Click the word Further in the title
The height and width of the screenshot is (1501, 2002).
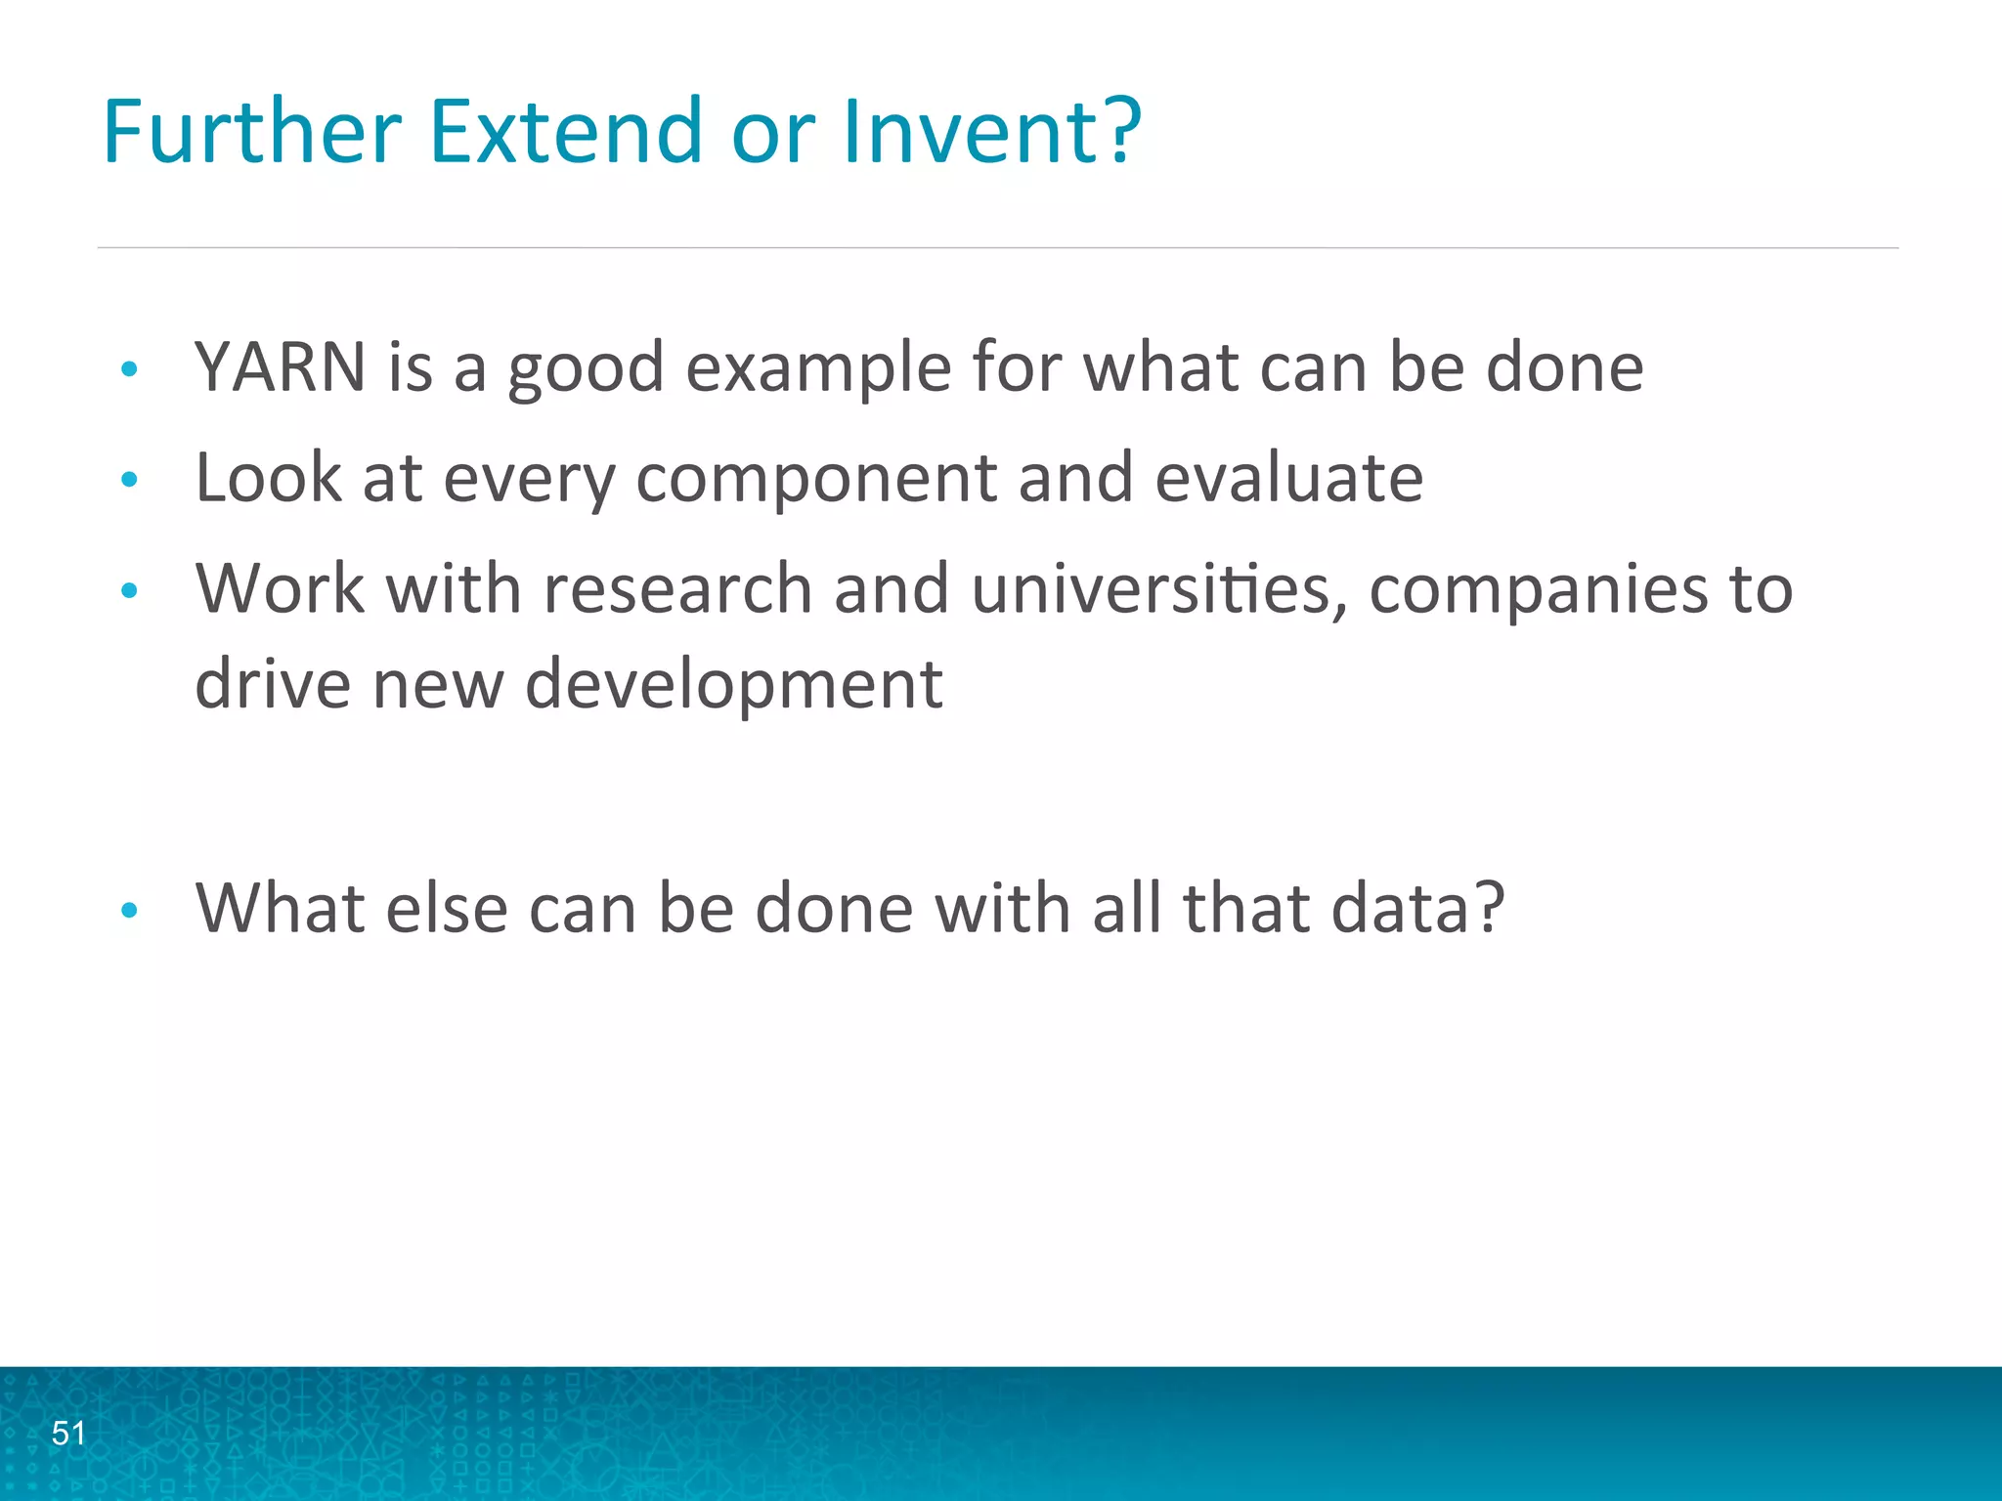pos(252,131)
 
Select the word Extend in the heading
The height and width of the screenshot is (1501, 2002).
pos(565,131)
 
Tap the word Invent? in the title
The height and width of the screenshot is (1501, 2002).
pos(990,131)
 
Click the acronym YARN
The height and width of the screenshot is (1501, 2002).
pos(281,368)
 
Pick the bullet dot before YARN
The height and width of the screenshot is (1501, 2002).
pos(129,369)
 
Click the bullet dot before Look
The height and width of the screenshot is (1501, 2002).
pos(129,480)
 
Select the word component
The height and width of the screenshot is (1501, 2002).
pos(815,480)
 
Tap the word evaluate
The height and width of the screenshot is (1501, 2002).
pos(1288,478)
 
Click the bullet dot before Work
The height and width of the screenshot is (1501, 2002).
pos(129,590)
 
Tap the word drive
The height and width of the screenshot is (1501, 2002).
pos(273,684)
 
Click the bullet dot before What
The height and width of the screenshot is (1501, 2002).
pos(129,911)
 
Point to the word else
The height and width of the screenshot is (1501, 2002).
pos(447,909)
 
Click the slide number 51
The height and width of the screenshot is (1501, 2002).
pos(68,1434)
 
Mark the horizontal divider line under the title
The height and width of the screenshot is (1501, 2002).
pos(997,248)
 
